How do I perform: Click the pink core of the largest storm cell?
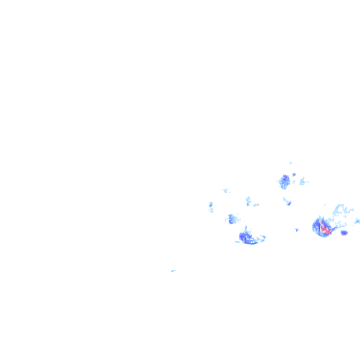pos(324,230)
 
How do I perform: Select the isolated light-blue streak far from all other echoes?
pos(173,270)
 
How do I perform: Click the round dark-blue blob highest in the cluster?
pos(285,181)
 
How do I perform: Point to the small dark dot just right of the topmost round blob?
pos(294,175)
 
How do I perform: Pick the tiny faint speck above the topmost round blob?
pos(291,163)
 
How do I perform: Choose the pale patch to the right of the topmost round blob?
pos(303,181)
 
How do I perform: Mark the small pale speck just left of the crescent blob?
pos(237,241)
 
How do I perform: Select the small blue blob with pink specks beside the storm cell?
pos(344,232)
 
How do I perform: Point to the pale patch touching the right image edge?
pos(357,221)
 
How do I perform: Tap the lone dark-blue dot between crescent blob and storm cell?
pos(297,230)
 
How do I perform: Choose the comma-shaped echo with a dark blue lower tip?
pos(287,202)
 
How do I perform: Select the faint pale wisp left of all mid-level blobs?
pos(226,190)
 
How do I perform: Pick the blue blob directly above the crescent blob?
pos(231,218)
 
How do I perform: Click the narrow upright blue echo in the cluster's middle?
pos(248,202)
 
